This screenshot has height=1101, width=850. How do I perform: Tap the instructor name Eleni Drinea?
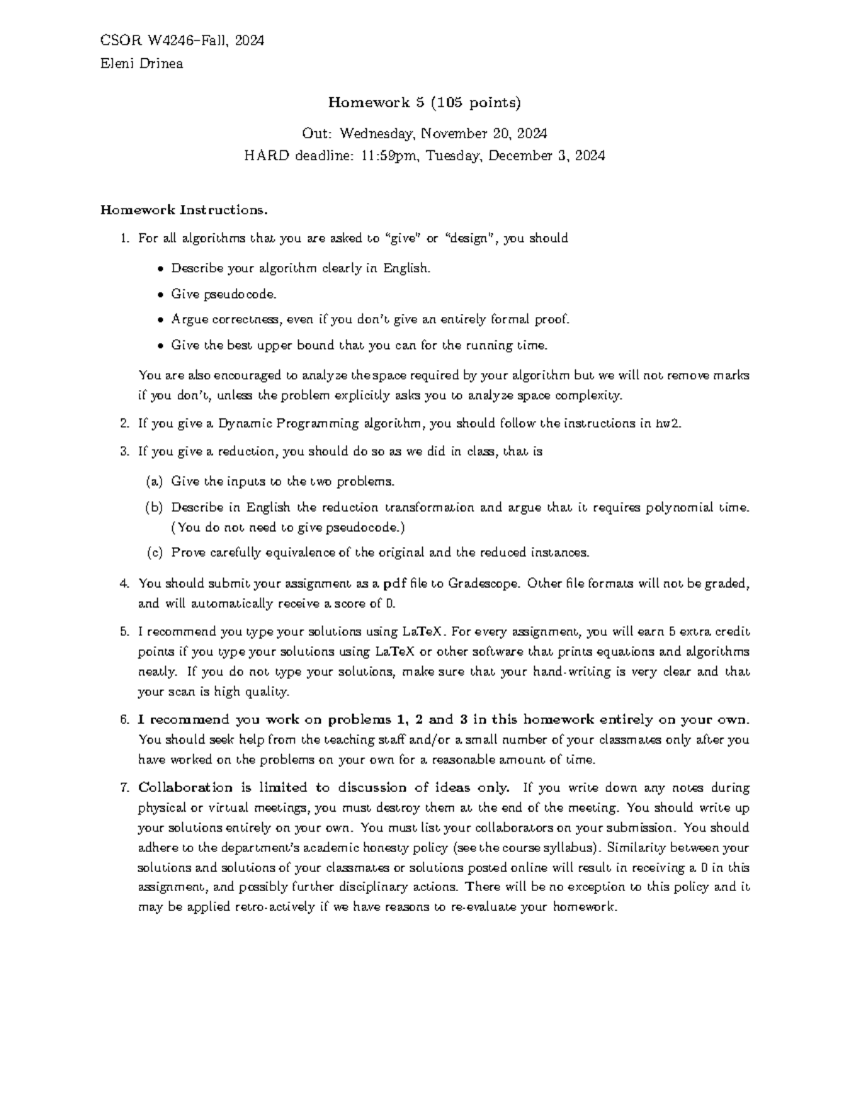pos(142,64)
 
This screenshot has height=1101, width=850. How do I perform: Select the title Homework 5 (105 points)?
pos(424,103)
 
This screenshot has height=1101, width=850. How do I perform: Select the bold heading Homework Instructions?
pos(184,210)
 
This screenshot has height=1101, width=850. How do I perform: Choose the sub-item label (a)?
pos(154,482)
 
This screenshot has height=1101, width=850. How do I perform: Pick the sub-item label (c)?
pos(154,552)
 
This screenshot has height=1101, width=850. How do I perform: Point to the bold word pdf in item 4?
pos(393,584)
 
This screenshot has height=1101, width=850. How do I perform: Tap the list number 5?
pos(124,632)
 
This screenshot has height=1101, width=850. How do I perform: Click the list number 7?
pos(124,788)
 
